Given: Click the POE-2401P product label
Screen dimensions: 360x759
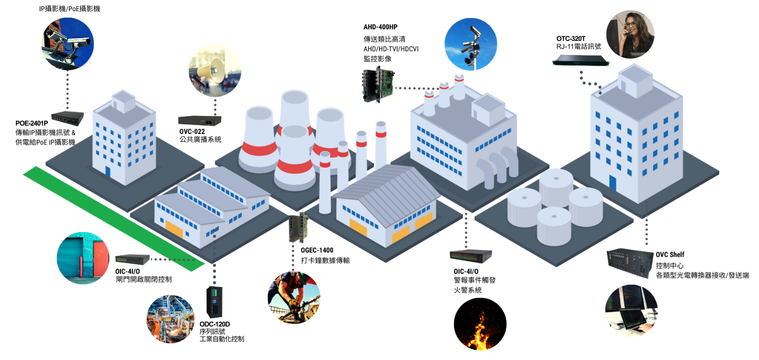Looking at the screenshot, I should (x=32, y=123).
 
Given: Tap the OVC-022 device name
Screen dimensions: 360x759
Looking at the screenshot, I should (x=192, y=132).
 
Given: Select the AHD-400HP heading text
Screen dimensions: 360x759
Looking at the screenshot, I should (x=380, y=27).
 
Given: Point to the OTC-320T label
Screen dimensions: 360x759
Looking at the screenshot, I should (x=571, y=39).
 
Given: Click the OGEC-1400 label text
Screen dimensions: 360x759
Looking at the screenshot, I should (x=317, y=250).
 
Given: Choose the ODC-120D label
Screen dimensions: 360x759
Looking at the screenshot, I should (x=214, y=324).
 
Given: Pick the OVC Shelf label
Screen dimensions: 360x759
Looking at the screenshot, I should (x=670, y=254).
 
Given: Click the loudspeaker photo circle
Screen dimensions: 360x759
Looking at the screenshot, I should (x=215, y=71).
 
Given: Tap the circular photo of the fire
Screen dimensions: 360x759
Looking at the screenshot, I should (x=480, y=324).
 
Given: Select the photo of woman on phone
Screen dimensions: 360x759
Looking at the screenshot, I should (x=630, y=34).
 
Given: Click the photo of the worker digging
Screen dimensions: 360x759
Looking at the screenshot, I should (x=294, y=298).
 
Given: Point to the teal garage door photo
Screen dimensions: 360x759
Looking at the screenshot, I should (x=83, y=258).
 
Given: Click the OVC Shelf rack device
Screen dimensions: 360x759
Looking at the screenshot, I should (x=630, y=263).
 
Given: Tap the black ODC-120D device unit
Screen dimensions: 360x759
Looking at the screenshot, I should (x=214, y=302).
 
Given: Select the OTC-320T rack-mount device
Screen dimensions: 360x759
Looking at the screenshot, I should (x=580, y=60).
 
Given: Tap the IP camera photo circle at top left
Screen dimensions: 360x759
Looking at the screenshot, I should (x=68, y=44).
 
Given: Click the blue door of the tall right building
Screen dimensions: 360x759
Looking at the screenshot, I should (x=613, y=183).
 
